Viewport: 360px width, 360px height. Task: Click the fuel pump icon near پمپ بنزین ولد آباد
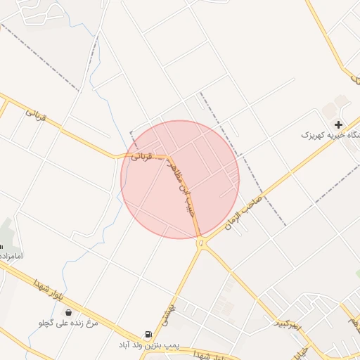148,335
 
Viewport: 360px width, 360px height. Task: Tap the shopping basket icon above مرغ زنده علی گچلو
68,312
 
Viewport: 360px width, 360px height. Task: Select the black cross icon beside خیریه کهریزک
339,124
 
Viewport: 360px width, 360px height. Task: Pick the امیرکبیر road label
287,322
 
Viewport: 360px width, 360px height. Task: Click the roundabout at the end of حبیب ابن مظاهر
202,243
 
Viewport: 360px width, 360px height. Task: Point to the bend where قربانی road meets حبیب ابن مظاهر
169,156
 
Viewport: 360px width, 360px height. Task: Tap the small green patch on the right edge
357,273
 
